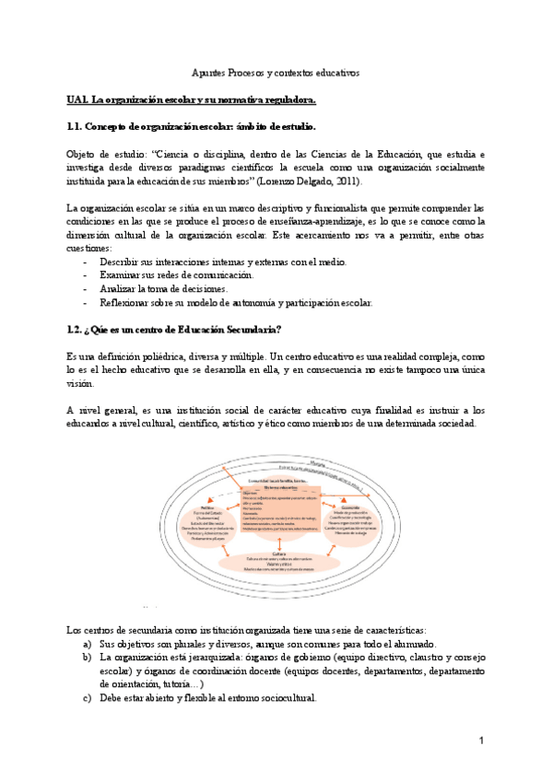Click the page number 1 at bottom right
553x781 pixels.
481,740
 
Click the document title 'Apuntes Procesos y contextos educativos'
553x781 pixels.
275,72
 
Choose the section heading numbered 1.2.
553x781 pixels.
174,329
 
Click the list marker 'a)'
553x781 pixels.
87,644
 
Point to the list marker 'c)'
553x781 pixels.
87,697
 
